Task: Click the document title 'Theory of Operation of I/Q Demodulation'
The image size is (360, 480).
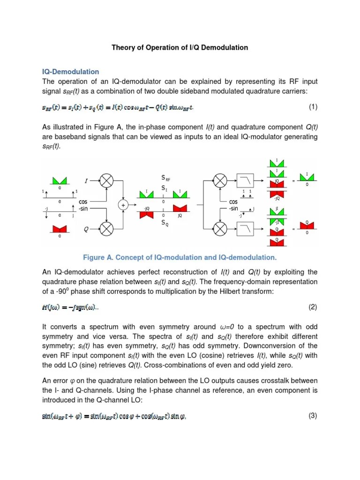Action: point(180,48)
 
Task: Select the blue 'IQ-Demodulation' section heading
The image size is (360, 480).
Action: point(71,72)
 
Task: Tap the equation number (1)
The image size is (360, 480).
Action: point(313,107)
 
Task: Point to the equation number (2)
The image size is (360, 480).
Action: point(313,307)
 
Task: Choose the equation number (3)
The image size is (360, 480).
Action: point(313,416)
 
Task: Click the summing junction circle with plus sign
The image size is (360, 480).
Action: point(123,205)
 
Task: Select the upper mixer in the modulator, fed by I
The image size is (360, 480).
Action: point(108,180)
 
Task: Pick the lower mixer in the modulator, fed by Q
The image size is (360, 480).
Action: point(108,230)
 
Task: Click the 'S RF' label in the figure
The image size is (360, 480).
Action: point(165,178)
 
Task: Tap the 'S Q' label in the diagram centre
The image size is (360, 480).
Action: point(164,224)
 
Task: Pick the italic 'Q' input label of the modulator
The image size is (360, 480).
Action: point(86,230)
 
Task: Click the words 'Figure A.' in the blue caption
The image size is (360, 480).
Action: point(98,257)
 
